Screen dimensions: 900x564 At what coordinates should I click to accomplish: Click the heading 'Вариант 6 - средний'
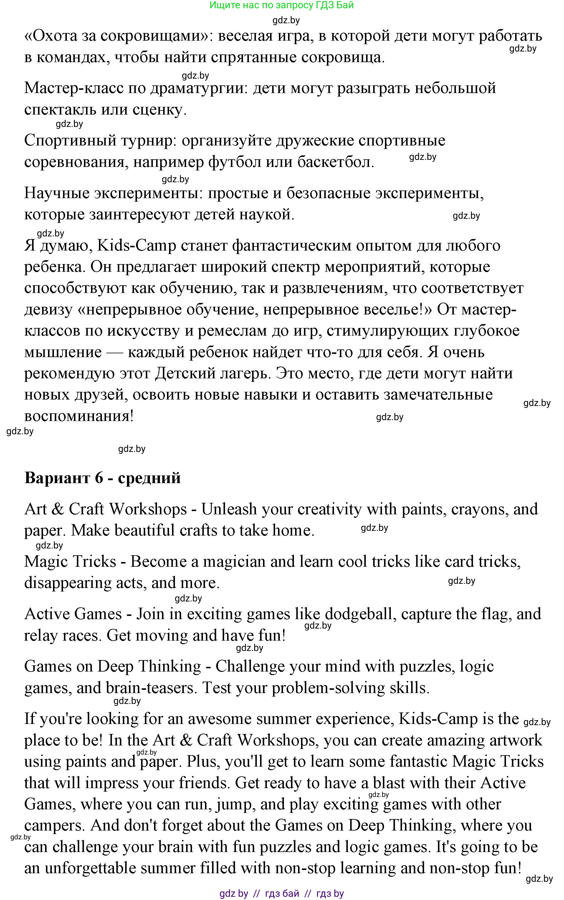coord(102,478)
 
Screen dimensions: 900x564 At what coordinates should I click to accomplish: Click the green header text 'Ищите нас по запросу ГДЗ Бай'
coord(281,5)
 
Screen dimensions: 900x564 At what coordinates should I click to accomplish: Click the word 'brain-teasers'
coord(151,688)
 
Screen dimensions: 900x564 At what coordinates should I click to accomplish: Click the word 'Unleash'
coord(229,509)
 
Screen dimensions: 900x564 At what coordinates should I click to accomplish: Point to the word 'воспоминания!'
coord(79,416)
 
